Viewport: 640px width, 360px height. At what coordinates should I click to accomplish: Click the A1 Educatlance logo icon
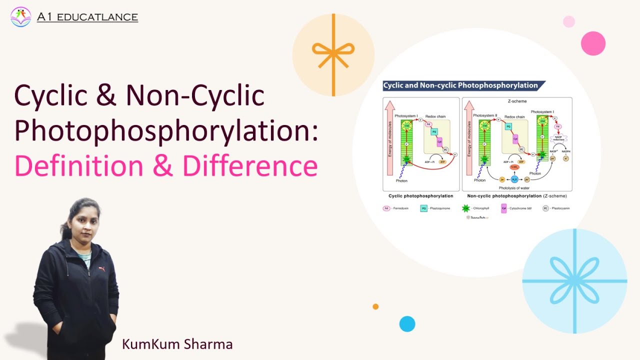[x=20, y=17]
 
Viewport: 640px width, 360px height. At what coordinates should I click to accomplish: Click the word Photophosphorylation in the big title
[x=165, y=130]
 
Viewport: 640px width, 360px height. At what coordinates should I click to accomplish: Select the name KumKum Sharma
[x=177, y=344]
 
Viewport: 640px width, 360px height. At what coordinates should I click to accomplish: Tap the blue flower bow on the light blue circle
[x=574, y=281]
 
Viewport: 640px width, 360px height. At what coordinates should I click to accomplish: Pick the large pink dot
[x=593, y=43]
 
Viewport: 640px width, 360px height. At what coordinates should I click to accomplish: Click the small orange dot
[x=375, y=306]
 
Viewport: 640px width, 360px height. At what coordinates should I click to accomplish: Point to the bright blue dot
[x=407, y=324]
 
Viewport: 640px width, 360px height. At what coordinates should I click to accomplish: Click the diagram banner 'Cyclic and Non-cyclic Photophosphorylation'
[x=460, y=85]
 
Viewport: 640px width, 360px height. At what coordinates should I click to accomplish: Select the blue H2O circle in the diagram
[x=514, y=178]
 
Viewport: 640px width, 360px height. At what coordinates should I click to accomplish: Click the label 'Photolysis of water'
[x=514, y=187]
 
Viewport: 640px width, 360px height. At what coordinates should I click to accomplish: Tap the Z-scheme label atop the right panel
[x=517, y=101]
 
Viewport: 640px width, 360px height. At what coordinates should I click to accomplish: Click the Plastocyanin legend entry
[x=556, y=208]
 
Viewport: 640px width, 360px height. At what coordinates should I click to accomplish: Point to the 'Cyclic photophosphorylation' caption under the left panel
[x=420, y=196]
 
